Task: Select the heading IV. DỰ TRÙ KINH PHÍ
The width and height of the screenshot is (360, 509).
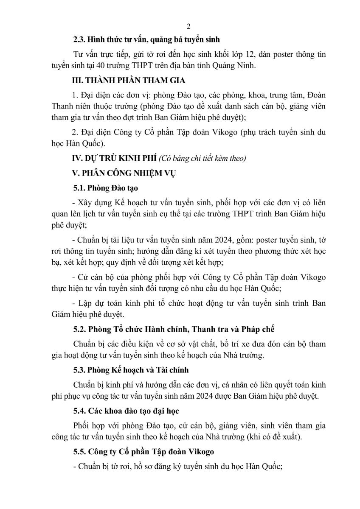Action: [114, 158]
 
